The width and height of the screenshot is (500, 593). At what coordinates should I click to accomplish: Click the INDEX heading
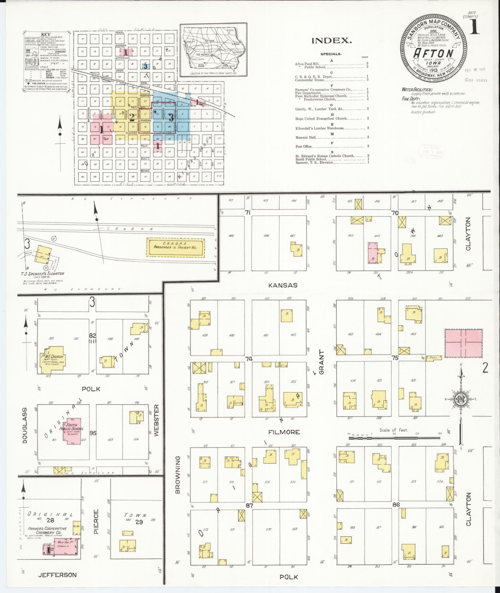tap(331, 41)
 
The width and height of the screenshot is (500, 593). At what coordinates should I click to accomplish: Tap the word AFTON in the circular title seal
tap(434, 53)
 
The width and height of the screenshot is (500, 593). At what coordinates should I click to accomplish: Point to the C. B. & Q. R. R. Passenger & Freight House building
tap(175, 247)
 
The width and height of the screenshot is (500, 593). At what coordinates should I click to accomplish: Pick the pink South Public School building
tap(72, 431)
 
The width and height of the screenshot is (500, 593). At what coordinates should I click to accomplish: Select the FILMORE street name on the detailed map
tap(284, 432)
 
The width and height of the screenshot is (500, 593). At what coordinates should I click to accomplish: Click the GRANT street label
tap(321, 362)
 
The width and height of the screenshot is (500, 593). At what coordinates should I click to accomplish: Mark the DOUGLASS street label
tap(25, 425)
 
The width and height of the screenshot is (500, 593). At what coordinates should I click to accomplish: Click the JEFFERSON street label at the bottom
tap(57, 575)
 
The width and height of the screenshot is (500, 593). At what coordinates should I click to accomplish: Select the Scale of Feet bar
tap(394, 438)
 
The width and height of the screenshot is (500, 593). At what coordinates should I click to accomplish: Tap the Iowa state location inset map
tap(214, 49)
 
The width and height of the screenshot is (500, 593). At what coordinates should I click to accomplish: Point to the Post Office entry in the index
tap(304, 146)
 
